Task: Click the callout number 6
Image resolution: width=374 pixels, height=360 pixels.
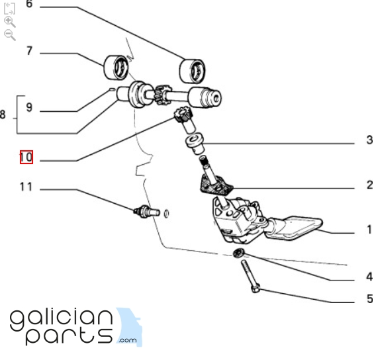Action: point(29,4)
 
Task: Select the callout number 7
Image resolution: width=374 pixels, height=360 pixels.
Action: point(29,51)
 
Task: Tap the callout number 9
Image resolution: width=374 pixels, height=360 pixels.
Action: point(29,107)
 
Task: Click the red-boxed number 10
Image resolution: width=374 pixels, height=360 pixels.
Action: point(26,157)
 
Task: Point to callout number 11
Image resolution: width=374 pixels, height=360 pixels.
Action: point(26,187)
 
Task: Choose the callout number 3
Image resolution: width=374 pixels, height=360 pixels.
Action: point(369,140)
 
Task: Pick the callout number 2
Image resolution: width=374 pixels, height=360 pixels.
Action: point(369,185)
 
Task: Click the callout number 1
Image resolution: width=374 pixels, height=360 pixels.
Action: point(369,230)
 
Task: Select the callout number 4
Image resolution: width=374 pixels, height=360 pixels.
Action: point(369,277)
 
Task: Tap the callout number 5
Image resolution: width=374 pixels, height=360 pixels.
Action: point(370,298)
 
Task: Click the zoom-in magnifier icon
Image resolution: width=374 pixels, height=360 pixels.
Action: point(10,22)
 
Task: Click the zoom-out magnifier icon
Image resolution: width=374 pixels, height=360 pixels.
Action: point(10,35)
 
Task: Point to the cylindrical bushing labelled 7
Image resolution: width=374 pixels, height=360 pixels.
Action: point(116,67)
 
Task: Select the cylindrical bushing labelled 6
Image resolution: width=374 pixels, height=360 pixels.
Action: point(192,71)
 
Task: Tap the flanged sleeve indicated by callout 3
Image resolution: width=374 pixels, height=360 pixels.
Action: point(195,144)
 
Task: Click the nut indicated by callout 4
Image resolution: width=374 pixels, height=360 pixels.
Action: point(238,253)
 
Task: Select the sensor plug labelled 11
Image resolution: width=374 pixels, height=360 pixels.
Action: point(146,211)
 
